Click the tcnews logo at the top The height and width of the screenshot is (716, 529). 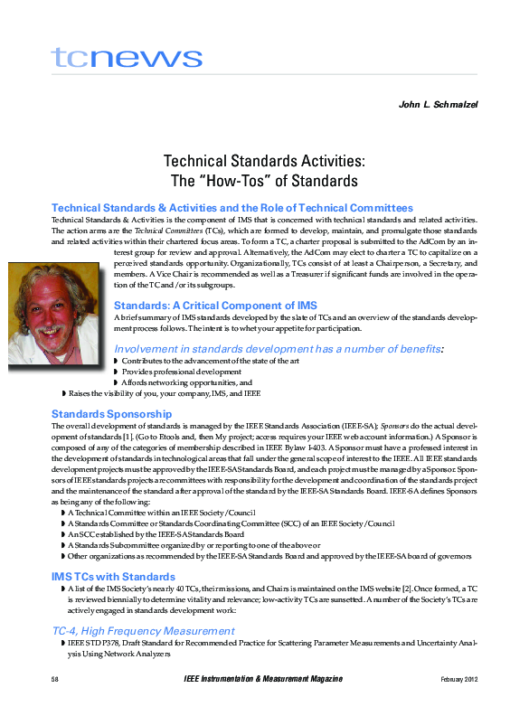tap(127, 58)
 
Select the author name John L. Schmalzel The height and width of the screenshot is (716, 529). tap(438, 105)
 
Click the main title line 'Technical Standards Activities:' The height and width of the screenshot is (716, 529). tap(264, 161)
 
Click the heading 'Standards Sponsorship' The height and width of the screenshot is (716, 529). tap(111, 413)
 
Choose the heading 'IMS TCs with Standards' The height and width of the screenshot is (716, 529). tap(113, 576)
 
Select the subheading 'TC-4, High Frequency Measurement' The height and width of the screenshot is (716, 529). tap(143, 629)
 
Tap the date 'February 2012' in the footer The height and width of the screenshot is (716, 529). tap(458, 679)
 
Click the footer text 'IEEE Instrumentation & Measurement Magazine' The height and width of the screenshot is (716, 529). tap(263, 679)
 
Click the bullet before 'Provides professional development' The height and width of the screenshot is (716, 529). tap(116, 372)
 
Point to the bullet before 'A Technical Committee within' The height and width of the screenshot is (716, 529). tap(62, 512)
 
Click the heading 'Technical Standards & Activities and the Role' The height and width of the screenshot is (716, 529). tap(232, 208)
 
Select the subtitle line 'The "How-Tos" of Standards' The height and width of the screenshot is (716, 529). tap(264, 180)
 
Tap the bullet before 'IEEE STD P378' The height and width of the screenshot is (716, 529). tap(62, 642)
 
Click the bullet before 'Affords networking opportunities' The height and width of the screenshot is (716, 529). tap(116, 382)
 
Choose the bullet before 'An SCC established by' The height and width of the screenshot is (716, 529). tap(62, 533)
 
